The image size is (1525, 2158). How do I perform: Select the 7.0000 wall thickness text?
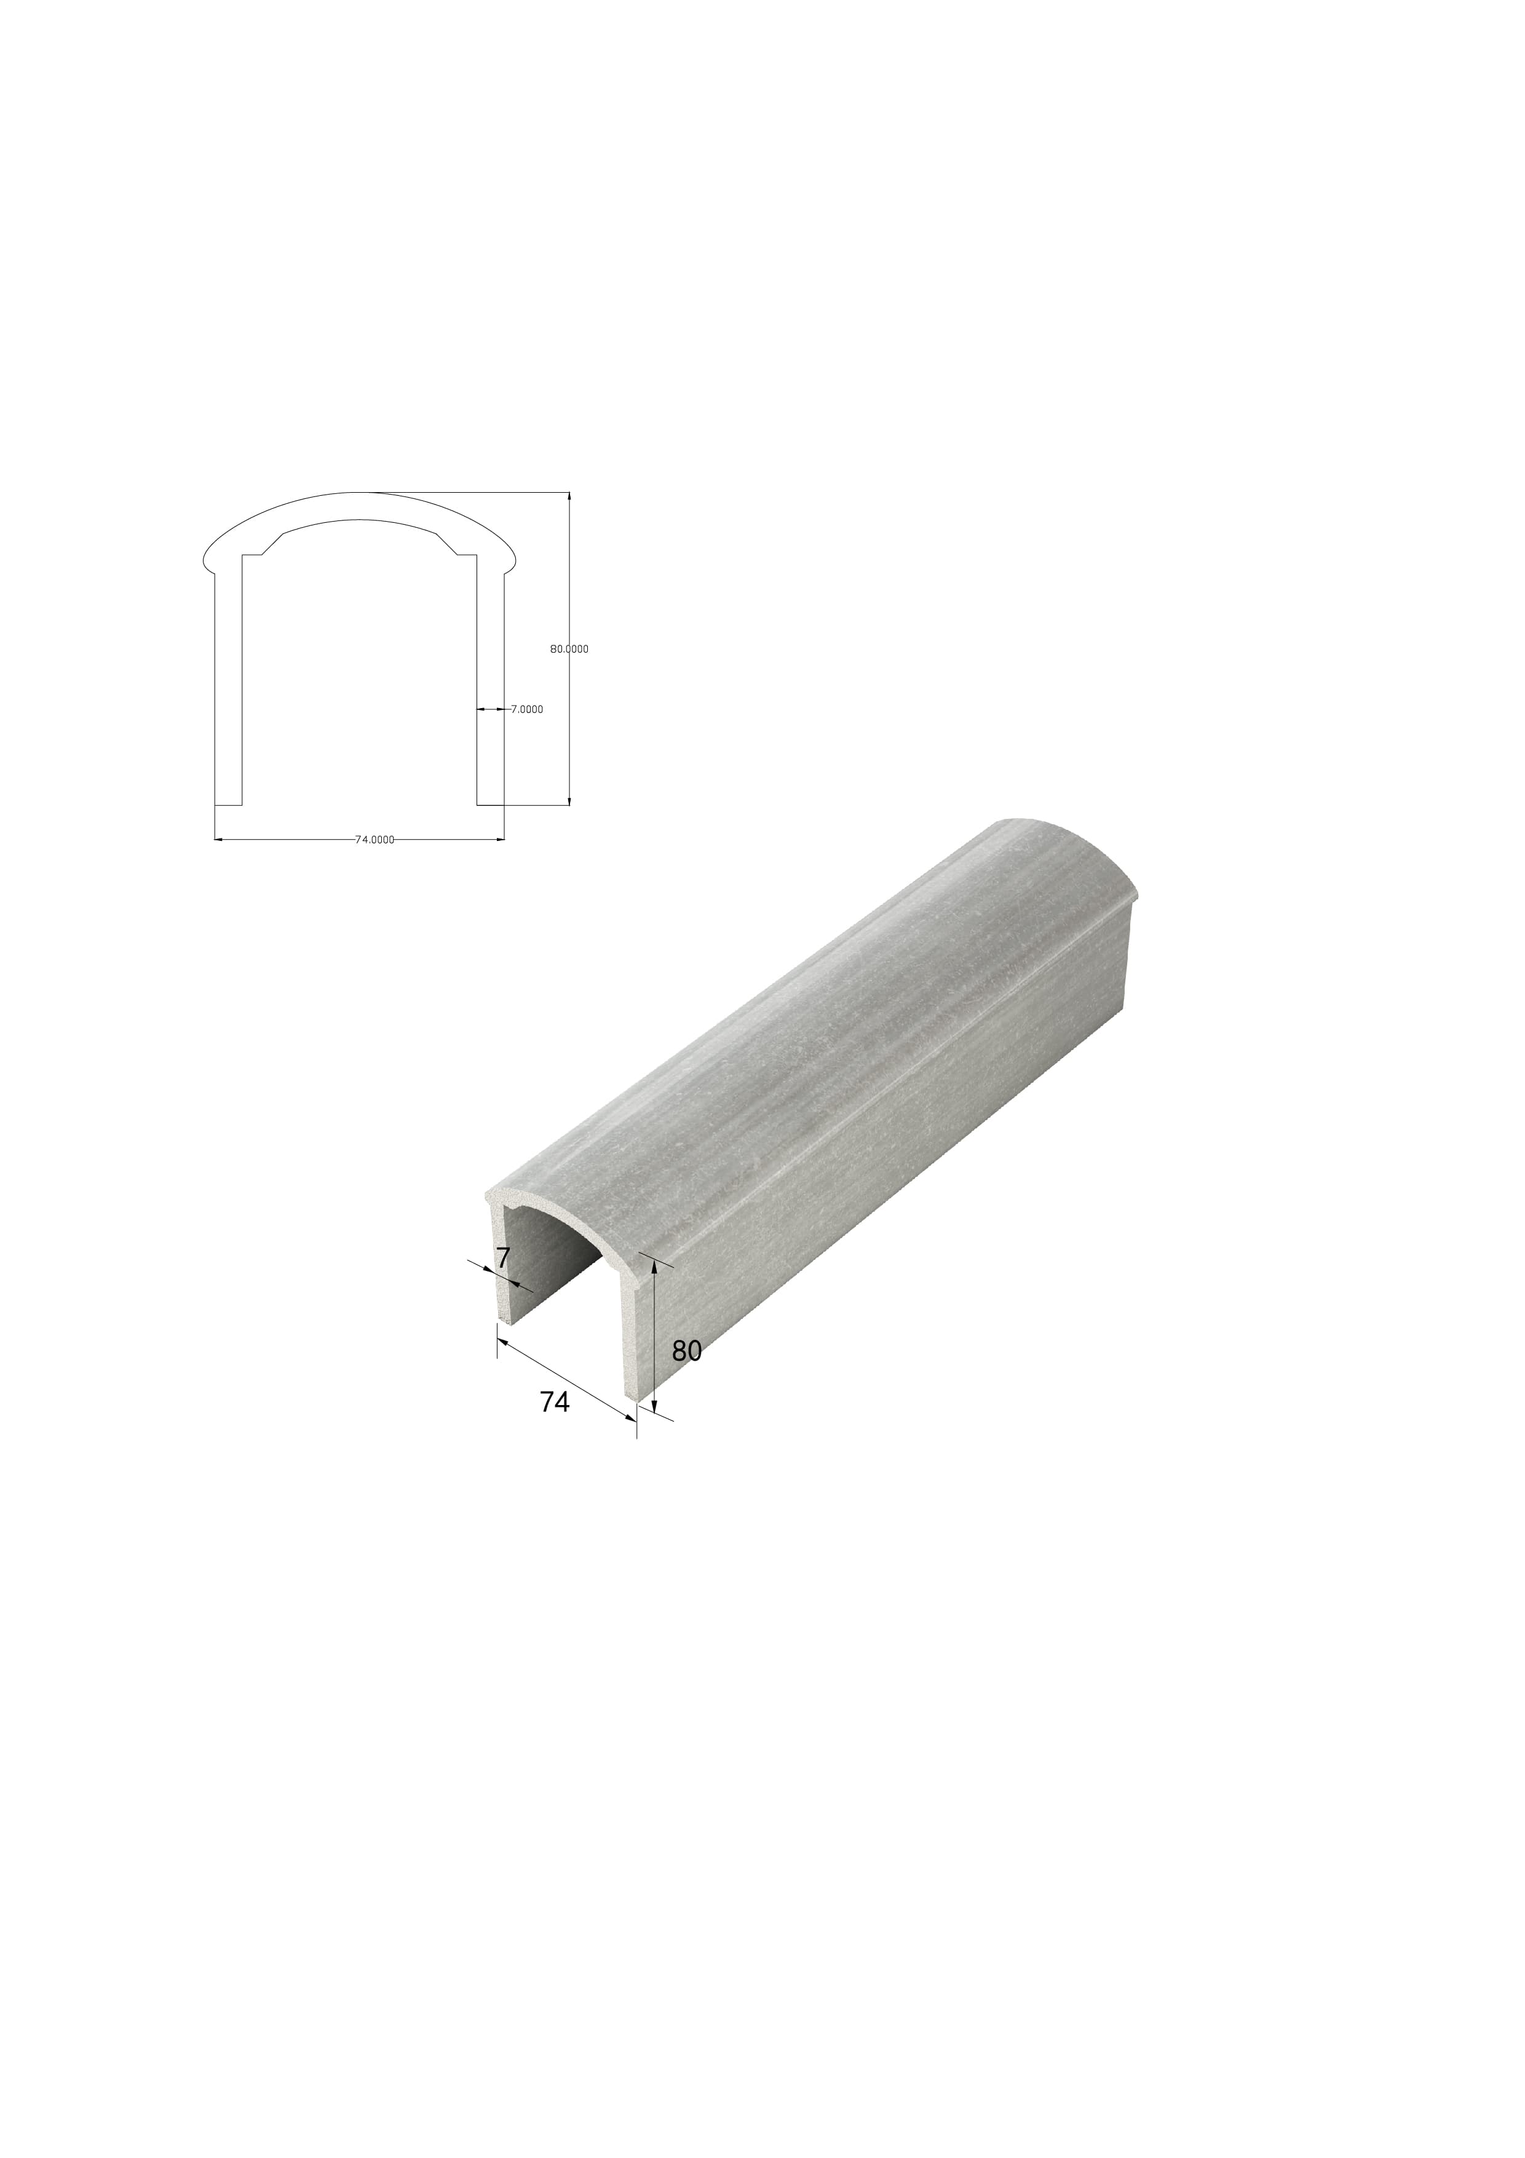526,710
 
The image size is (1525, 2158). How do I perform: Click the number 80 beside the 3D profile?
687,1351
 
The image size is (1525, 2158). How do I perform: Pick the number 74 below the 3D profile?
555,1428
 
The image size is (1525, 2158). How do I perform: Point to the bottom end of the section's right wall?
491,805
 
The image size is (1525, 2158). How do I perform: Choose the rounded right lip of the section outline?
512,564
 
